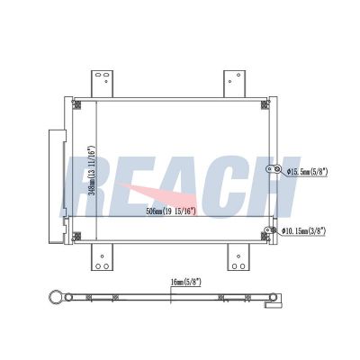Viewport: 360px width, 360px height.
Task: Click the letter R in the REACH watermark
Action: [x=82, y=186]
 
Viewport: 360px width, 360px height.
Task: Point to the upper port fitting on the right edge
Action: [x=269, y=168]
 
